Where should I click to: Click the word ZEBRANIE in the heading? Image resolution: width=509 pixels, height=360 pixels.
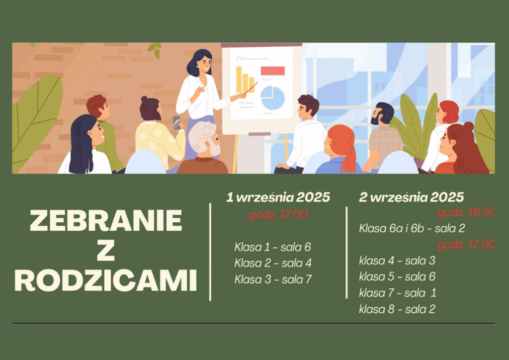[106, 220]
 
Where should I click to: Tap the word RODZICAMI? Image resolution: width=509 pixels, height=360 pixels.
[106, 280]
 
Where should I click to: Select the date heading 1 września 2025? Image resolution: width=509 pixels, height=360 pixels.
[278, 197]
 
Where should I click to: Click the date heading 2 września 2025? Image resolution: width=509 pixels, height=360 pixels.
[411, 197]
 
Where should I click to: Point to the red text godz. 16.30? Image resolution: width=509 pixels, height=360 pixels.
[466, 212]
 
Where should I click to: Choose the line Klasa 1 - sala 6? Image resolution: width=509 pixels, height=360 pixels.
[273, 247]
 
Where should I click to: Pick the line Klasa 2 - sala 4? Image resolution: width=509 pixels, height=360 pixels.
[273, 263]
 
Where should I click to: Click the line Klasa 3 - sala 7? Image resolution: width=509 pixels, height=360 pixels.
[273, 279]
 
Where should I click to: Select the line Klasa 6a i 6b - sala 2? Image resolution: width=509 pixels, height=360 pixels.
[412, 228]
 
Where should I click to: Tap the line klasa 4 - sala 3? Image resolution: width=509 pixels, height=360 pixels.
[397, 261]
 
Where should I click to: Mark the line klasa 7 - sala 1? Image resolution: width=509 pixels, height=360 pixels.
[398, 293]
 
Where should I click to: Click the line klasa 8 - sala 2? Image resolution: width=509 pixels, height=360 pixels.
[397, 309]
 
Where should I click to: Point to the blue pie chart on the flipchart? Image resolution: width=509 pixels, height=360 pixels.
[272, 98]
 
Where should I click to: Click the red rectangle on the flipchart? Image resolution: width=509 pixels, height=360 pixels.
[273, 71]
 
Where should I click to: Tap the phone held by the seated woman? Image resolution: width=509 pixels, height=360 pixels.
[176, 123]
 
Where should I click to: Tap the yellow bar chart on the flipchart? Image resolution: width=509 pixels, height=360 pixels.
[245, 80]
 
